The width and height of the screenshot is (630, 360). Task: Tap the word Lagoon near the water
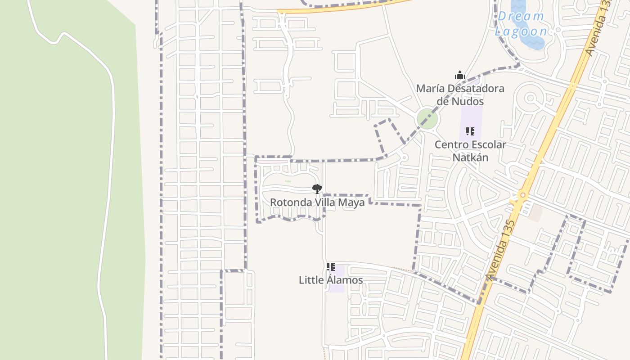(x=521, y=31)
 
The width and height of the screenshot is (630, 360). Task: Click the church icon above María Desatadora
(x=459, y=75)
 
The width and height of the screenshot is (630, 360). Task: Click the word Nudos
(x=468, y=101)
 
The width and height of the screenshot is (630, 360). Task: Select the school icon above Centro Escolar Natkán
(x=470, y=131)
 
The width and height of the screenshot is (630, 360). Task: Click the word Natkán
(x=470, y=157)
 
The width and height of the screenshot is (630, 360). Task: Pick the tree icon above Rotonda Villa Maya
(x=317, y=189)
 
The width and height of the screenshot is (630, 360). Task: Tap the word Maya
(x=351, y=202)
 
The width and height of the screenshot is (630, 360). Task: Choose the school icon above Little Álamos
(x=331, y=267)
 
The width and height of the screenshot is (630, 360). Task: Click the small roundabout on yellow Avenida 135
(x=522, y=195)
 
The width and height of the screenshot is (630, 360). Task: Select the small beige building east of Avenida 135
(x=535, y=213)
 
